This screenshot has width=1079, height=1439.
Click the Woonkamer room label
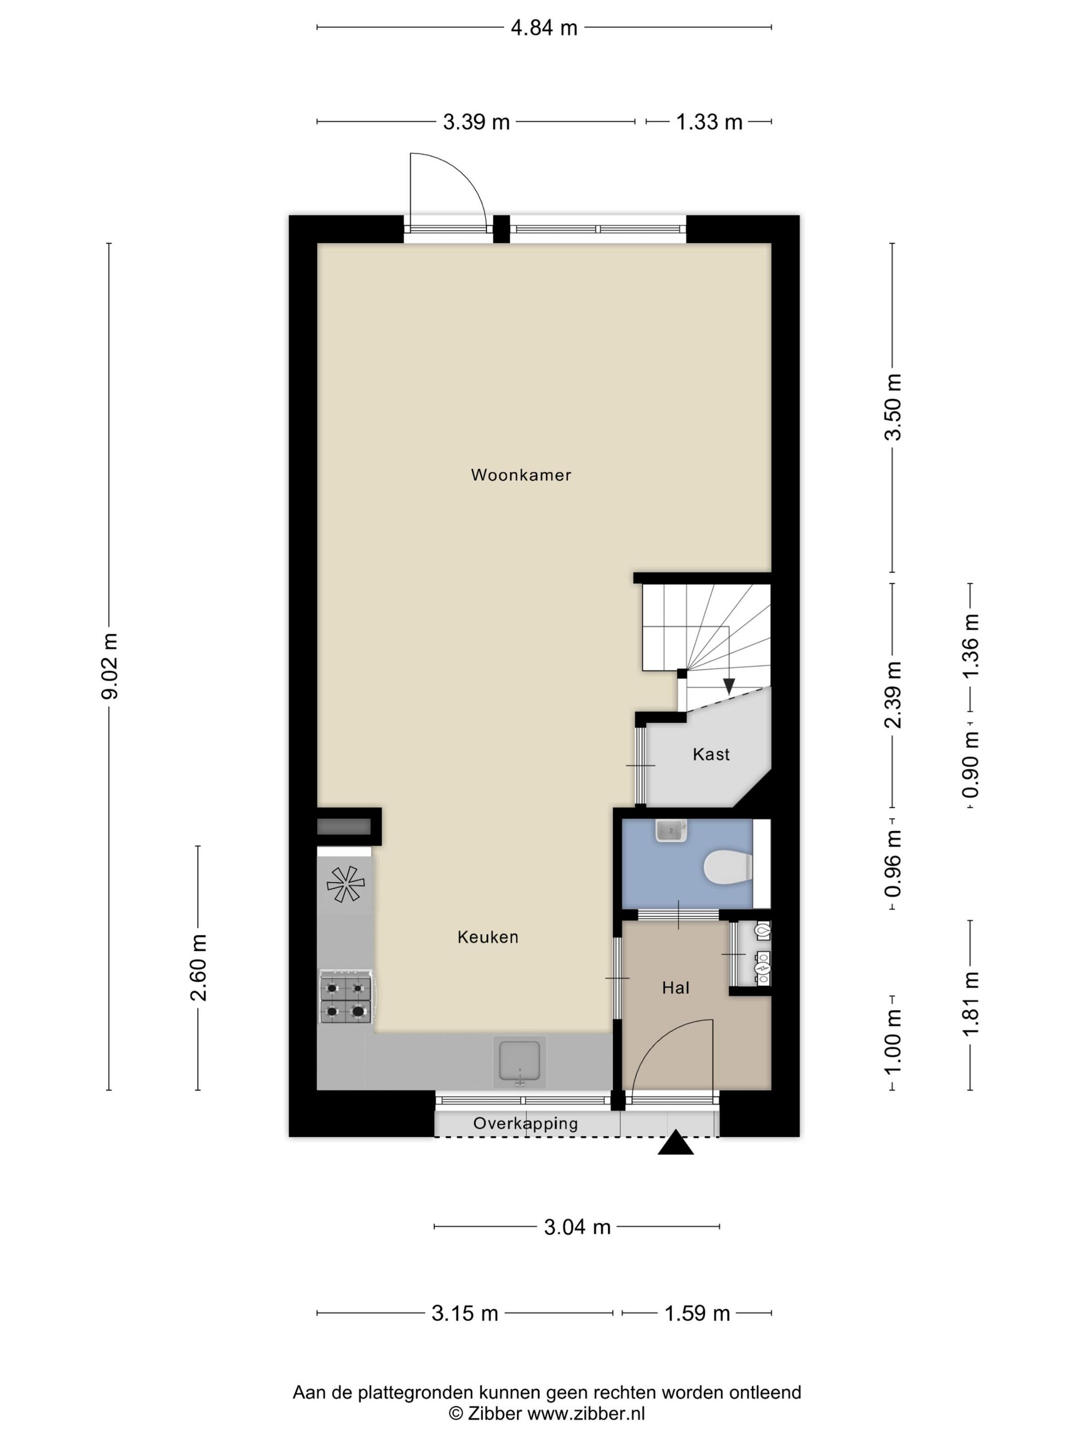pyautogui.click(x=521, y=475)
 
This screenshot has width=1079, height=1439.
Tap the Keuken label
pyautogui.click(x=488, y=937)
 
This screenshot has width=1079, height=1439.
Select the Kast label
pyautogui.click(x=711, y=754)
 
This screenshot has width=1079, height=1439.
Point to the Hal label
pyautogui.click(x=676, y=988)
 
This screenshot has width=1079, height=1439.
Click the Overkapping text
pyautogui.click(x=526, y=1123)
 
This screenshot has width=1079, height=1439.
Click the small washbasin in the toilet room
pyautogui.click(x=671, y=831)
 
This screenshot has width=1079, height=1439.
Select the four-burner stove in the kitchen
pyautogui.click(x=345, y=998)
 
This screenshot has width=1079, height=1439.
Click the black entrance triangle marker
pyautogui.click(x=676, y=1143)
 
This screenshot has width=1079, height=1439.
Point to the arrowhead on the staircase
pyautogui.click(x=729, y=686)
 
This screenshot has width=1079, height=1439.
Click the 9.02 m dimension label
pyautogui.click(x=110, y=666)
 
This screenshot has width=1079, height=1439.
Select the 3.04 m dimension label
pyautogui.click(x=577, y=1227)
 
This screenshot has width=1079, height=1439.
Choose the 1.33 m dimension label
pyautogui.click(x=709, y=122)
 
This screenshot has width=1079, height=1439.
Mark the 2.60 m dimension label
pyautogui.click(x=199, y=967)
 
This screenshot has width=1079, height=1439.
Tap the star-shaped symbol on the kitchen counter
pyautogui.click(x=345, y=884)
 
